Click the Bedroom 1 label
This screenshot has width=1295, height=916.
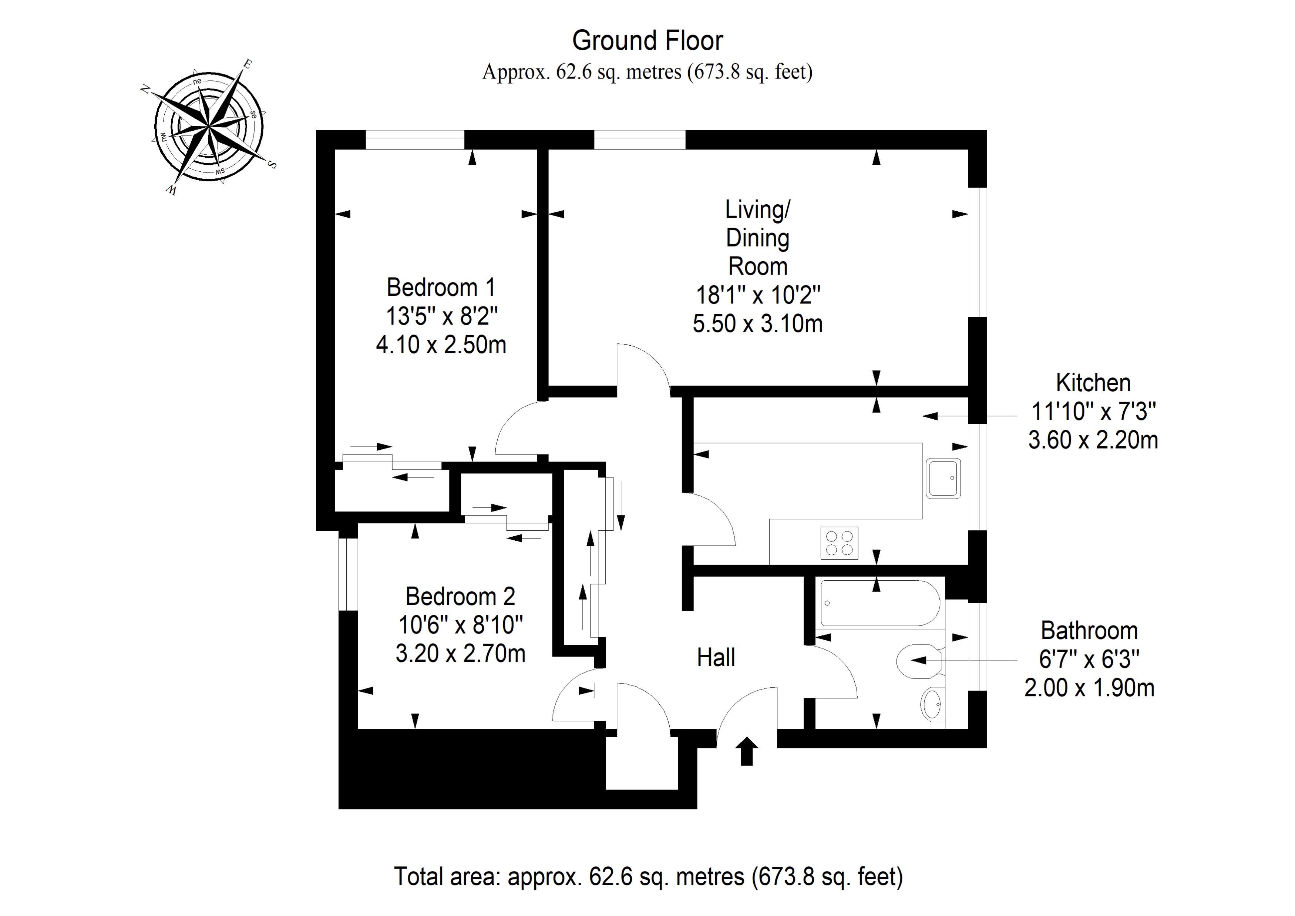[x=441, y=288]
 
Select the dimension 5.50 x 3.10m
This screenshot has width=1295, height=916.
[x=757, y=324]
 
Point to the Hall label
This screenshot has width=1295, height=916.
[x=716, y=658]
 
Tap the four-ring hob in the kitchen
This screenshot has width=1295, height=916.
[x=839, y=543]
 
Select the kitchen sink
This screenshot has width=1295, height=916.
[x=943, y=478]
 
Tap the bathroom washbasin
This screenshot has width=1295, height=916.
[x=932, y=704]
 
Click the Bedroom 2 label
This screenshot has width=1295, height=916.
[x=460, y=597]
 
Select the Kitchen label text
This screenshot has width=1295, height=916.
[x=1093, y=383]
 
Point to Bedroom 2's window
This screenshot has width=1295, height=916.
[x=348, y=574]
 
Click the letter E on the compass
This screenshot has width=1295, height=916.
[x=246, y=64]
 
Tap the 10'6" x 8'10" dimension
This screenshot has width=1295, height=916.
[x=460, y=625]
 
